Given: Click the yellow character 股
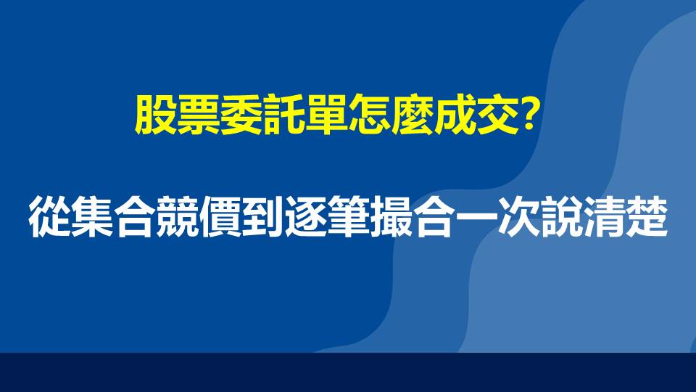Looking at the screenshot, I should [x=156, y=115].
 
